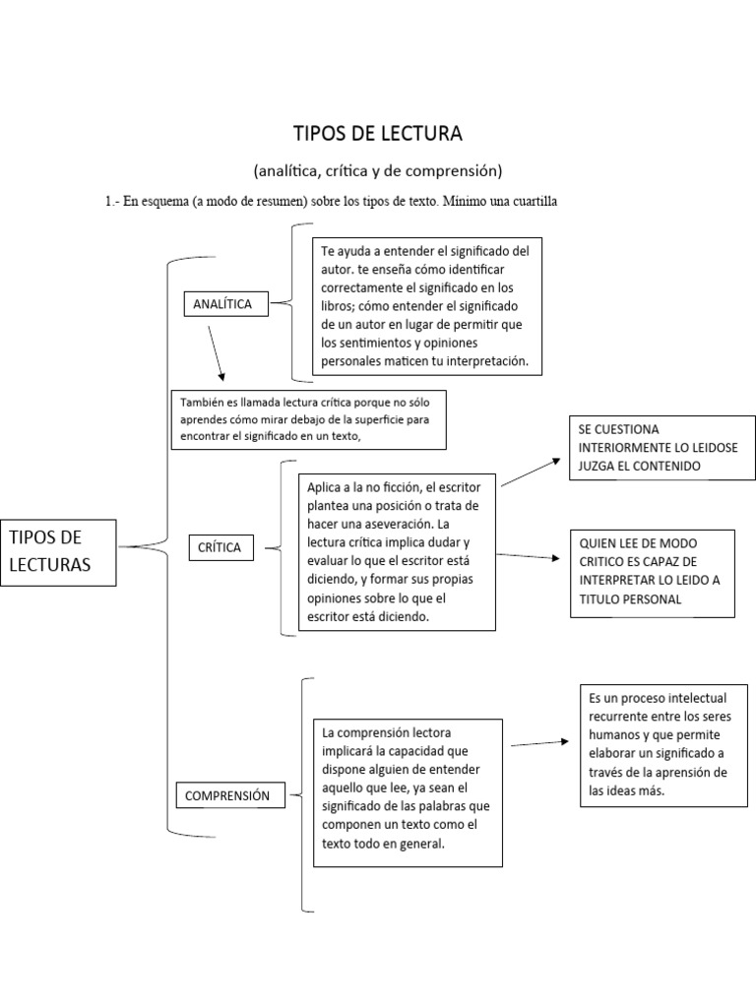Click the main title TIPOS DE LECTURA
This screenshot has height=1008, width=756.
point(378,133)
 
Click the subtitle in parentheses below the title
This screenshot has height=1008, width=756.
point(378,171)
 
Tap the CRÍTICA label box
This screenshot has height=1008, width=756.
point(220,546)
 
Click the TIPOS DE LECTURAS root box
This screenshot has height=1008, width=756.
point(58,550)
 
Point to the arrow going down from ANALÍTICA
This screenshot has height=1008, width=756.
point(216,352)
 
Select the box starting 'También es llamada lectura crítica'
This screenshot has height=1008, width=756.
point(307,419)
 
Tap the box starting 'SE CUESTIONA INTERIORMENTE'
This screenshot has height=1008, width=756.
point(661,448)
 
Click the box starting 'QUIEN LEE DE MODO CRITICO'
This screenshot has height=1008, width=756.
point(654,572)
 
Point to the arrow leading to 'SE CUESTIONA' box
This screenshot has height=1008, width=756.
point(532,472)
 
